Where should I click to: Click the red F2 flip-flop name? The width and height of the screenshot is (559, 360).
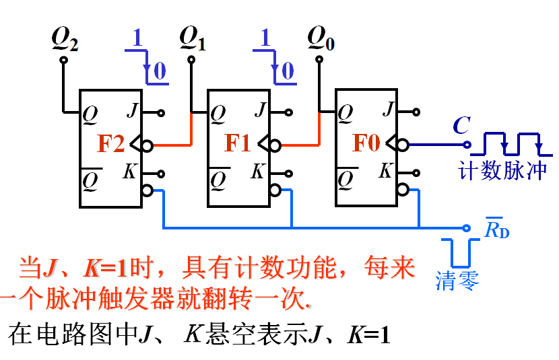tap(111, 144)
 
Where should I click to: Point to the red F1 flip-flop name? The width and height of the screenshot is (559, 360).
tap(238, 144)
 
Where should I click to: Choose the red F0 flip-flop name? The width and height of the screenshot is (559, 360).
tap(366, 144)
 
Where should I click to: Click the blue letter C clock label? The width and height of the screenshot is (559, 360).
tap(461, 125)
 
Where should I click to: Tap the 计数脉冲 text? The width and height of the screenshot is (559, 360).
tap(502, 170)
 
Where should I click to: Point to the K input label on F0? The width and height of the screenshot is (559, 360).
tap(385, 170)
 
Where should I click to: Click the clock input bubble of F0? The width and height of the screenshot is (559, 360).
tap(402, 144)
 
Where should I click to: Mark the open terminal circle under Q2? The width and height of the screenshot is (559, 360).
tap(64, 60)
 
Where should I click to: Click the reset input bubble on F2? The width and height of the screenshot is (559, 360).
tap(147, 190)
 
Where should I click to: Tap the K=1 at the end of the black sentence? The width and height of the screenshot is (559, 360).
tap(368, 334)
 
